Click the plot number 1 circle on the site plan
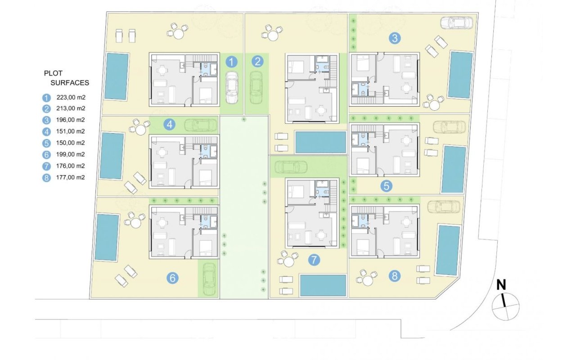[231, 62]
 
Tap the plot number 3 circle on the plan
[395, 38]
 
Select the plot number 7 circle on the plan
[314, 260]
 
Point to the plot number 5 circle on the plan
[387, 186]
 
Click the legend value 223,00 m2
[71, 98]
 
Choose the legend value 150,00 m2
[71, 143]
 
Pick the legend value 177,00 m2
[71, 177]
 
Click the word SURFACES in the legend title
[70, 83]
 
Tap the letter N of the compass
[501, 285]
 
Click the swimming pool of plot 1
[117, 76]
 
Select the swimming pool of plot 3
[460, 75]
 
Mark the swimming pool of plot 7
[323, 285]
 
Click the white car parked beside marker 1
[232, 88]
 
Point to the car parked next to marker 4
[201, 125]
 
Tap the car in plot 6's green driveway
[209, 279]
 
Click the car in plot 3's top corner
[456, 22]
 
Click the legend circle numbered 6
[46, 155]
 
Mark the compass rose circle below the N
[505, 307]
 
